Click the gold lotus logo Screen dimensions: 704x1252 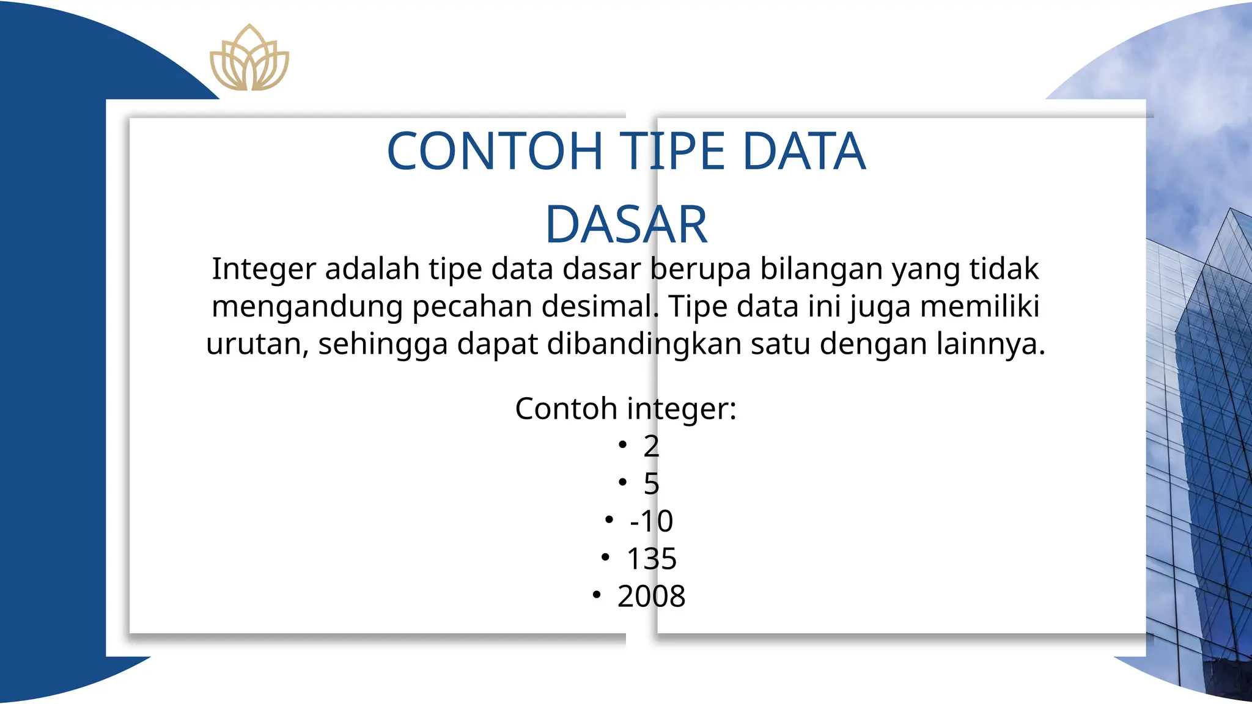tap(249, 59)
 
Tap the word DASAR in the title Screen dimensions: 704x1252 tap(626, 224)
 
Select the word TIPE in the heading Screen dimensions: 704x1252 tap(672, 151)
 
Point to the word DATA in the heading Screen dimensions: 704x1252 tap(804, 151)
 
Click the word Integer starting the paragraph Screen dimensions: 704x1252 tap(264, 269)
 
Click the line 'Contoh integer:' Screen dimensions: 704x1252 tap(625, 408)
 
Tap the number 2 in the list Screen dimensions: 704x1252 tap(651, 446)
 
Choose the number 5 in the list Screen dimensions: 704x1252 tap(651, 484)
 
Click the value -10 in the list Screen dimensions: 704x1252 tap(651, 521)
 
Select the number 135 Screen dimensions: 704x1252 tap(652, 559)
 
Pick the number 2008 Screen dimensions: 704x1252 tap(651, 596)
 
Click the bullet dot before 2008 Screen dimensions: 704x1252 tap(597, 594)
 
